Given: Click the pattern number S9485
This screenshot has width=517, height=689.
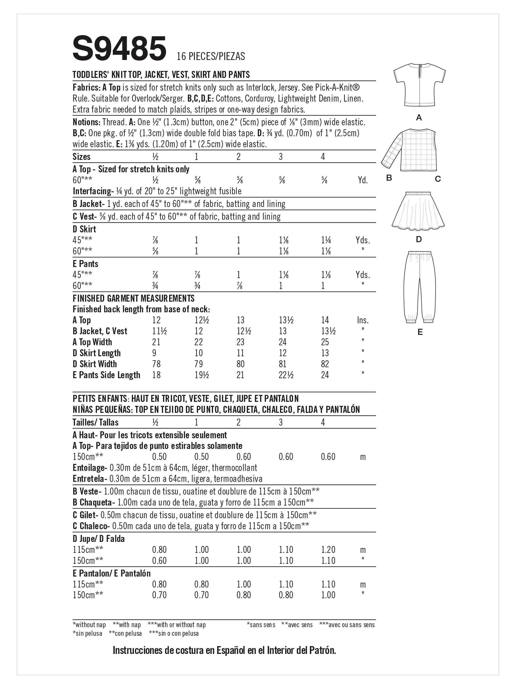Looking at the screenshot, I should [119, 49].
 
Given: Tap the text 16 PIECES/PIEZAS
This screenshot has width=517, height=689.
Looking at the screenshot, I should [211, 56].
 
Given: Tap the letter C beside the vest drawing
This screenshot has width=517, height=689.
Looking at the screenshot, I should [437, 179].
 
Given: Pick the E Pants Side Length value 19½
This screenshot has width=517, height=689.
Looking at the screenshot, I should [201, 375].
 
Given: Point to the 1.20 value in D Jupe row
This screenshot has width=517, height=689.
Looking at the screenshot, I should [328, 550].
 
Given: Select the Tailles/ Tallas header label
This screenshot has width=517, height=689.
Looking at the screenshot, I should [95, 422].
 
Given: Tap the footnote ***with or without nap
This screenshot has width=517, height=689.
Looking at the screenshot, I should [177, 624].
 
